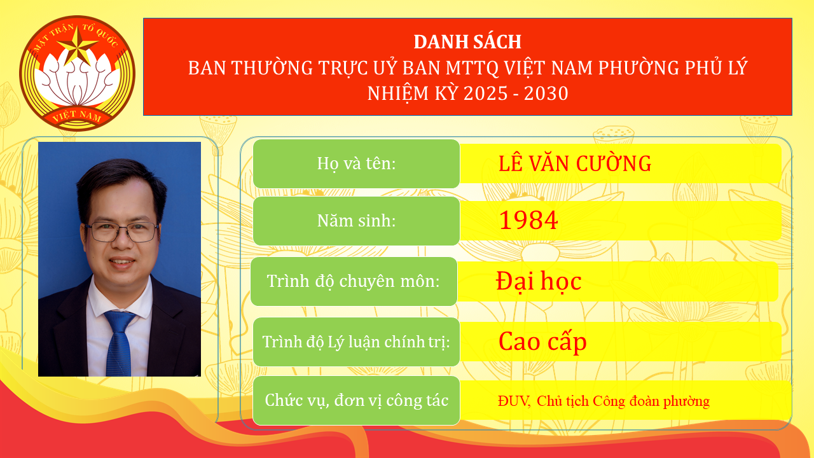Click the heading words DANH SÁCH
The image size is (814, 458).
[x=467, y=42]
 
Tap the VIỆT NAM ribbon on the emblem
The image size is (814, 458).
[x=77, y=116]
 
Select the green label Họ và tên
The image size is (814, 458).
[x=356, y=163]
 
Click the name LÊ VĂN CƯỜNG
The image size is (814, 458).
[x=575, y=163]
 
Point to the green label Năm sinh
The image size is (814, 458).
[x=356, y=221]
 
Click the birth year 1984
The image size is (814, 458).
[x=528, y=221]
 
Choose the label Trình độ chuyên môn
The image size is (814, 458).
[x=354, y=281]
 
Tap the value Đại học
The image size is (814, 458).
[x=539, y=281]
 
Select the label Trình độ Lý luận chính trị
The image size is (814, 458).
[x=356, y=342]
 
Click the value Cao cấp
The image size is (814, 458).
[x=542, y=342]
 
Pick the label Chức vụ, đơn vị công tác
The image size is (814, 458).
[x=356, y=401]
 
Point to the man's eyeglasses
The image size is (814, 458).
[x=121, y=231]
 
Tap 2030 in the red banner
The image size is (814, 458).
[x=547, y=94]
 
